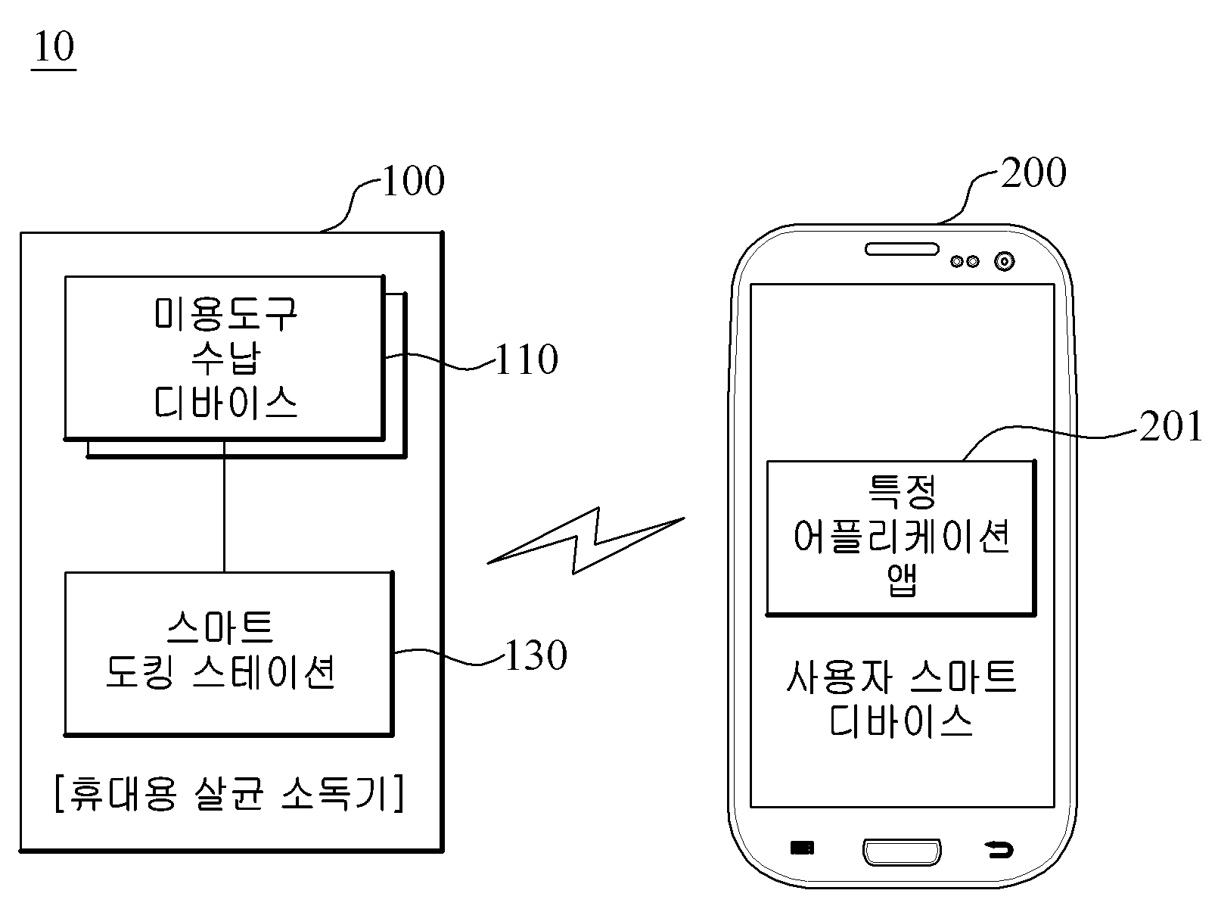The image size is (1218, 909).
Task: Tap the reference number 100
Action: point(413,180)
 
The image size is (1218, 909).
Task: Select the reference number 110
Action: point(527,359)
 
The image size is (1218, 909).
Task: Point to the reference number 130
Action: point(536,655)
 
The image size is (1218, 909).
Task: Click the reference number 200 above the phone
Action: point(1033,172)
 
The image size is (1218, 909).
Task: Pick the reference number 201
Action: point(1171,425)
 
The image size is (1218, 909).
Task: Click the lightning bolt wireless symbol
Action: point(586,540)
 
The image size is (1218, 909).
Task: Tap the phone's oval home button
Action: point(902,851)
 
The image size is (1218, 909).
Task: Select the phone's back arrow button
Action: point(999,849)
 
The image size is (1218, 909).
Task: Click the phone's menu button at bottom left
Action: point(802,848)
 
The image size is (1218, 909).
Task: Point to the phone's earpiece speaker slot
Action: point(902,249)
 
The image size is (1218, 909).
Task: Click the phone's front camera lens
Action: point(1005,261)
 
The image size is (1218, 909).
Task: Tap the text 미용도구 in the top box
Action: point(226,313)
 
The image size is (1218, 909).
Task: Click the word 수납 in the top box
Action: point(226,358)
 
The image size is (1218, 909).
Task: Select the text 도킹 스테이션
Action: point(220,672)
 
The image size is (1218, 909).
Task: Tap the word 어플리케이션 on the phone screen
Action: point(902,537)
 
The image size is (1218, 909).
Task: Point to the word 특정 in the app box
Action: point(902,492)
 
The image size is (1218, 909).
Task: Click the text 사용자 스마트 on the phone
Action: point(902,677)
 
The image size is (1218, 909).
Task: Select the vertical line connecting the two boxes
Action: point(224,506)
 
